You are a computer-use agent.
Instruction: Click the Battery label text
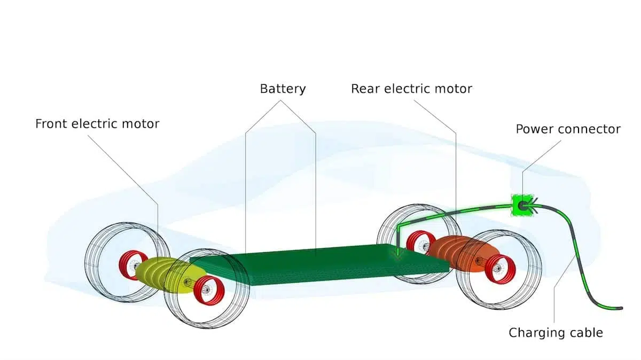(283, 89)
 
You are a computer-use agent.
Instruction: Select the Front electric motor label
(97, 124)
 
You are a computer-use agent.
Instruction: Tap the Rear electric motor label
(411, 89)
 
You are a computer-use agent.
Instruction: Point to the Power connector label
(568, 129)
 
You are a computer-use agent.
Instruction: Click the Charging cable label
(556, 333)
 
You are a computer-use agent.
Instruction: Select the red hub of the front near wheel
(208, 291)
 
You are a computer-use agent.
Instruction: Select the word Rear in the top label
(363, 89)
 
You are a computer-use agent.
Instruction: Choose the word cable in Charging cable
(586, 333)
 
